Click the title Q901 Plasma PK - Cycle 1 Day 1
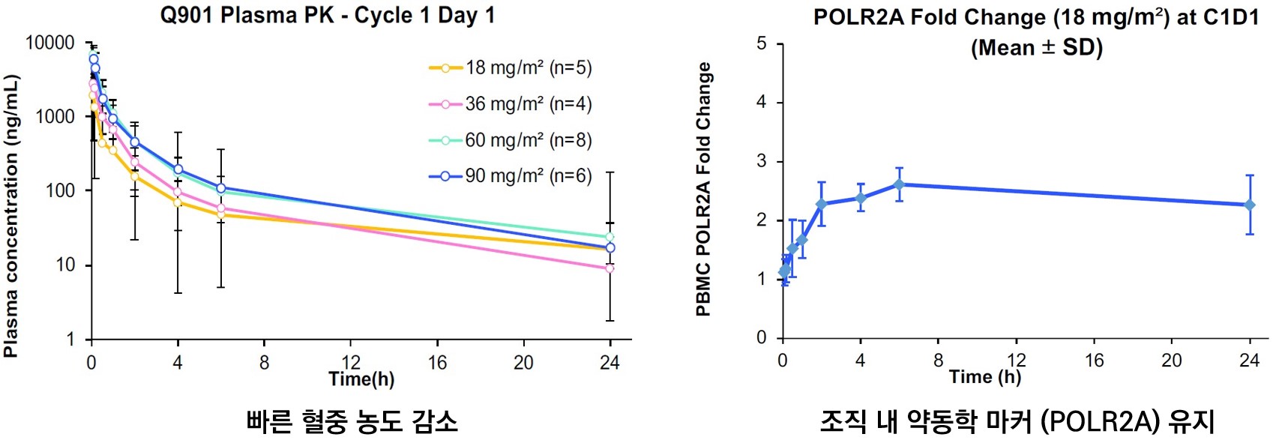click(x=328, y=16)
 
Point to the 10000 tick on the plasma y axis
click(x=50, y=43)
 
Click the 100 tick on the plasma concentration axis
click(x=60, y=190)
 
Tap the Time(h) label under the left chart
click(x=361, y=379)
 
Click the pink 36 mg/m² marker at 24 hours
click(x=610, y=268)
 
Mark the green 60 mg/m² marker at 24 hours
click(x=610, y=237)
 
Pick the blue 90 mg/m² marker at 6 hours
click(x=221, y=188)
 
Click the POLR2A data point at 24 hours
click(x=1250, y=205)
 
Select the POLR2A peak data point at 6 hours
click(x=899, y=184)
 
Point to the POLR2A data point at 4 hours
click(x=861, y=198)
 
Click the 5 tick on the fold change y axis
click(x=762, y=43)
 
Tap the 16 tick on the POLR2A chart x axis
click(x=1094, y=361)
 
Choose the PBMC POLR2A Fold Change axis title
click(x=703, y=189)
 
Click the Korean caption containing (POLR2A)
click(x=1017, y=421)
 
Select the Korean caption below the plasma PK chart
click(x=352, y=421)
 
